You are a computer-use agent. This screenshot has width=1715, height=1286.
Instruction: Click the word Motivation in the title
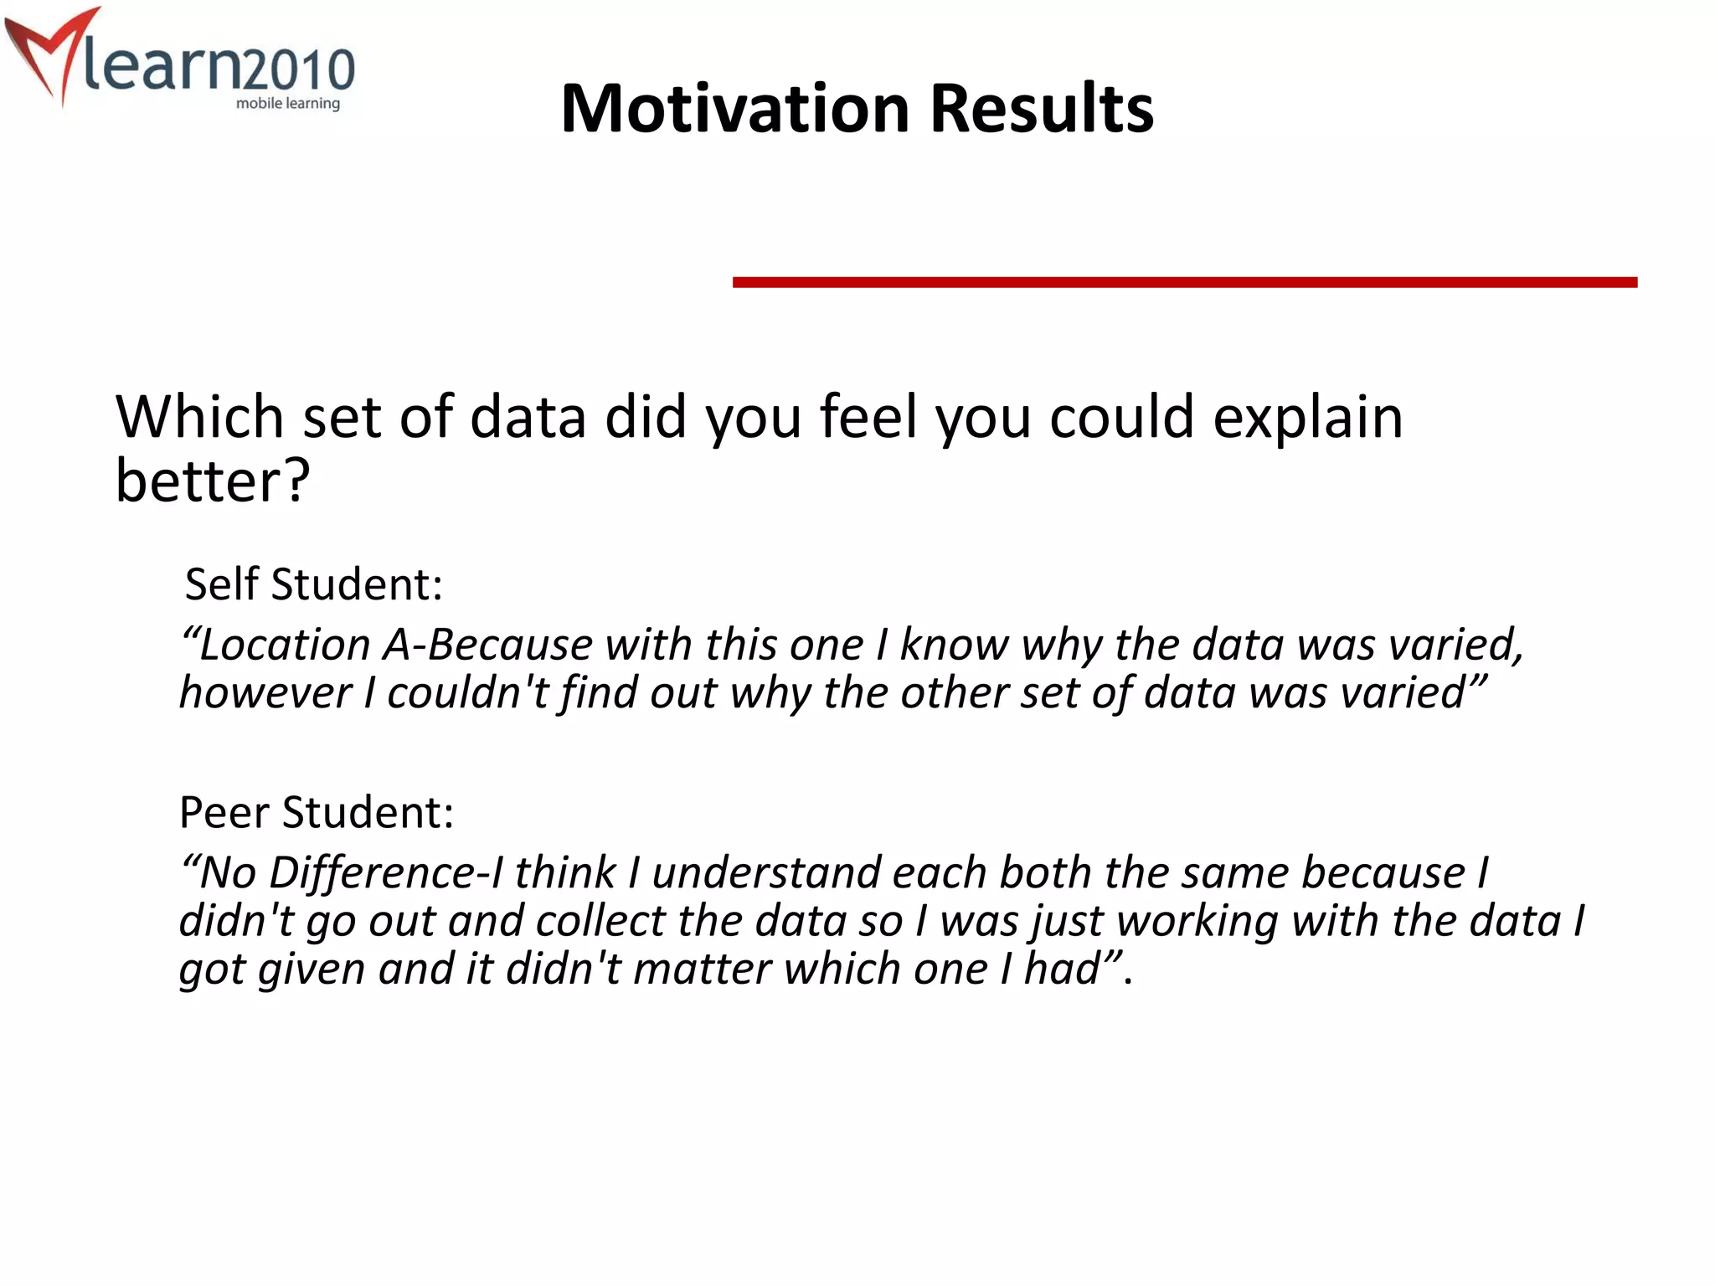[735, 109]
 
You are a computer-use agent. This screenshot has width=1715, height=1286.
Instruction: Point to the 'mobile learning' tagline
[287, 104]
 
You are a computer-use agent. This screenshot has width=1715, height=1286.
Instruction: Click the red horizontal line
[1184, 282]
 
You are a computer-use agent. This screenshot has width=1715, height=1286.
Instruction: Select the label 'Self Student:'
[313, 584]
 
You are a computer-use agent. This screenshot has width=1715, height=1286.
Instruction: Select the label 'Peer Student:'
[317, 812]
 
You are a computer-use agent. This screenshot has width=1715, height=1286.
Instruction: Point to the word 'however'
[265, 693]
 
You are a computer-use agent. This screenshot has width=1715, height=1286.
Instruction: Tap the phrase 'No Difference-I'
[343, 873]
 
